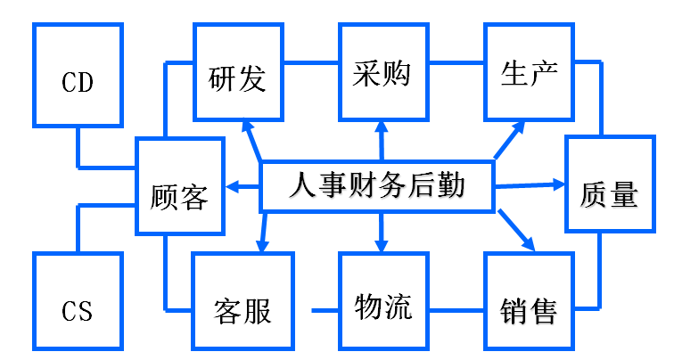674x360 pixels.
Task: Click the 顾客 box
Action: (178, 187)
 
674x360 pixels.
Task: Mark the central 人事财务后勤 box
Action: (378, 187)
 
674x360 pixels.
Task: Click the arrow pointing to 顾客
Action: (241, 187)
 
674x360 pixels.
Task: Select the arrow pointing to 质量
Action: (530, 185)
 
